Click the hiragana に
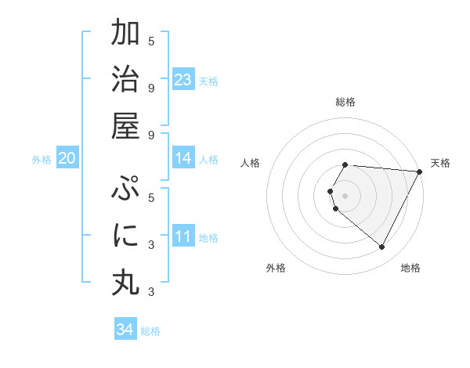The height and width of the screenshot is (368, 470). [125, 236]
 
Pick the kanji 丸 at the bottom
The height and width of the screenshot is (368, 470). [125, 282]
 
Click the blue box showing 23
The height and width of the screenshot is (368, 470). [183, 79]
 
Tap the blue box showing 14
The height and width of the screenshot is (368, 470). [183, 158]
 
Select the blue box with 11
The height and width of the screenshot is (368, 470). [183, 236]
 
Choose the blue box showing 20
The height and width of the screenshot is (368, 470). [67, 158]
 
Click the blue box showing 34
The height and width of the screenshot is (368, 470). [125, 330]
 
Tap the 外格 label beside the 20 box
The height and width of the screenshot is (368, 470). [42, 160]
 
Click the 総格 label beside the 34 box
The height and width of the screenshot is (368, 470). [150, 331]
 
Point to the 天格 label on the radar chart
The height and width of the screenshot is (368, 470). [440, 163]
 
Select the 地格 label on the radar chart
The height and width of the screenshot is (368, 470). [410, 268]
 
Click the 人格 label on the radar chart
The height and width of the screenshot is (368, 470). [250, 163]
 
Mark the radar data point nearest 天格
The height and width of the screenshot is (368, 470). [419, 171]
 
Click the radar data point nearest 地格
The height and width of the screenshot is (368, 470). [382, 247]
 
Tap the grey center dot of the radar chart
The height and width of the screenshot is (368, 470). [345, 195]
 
